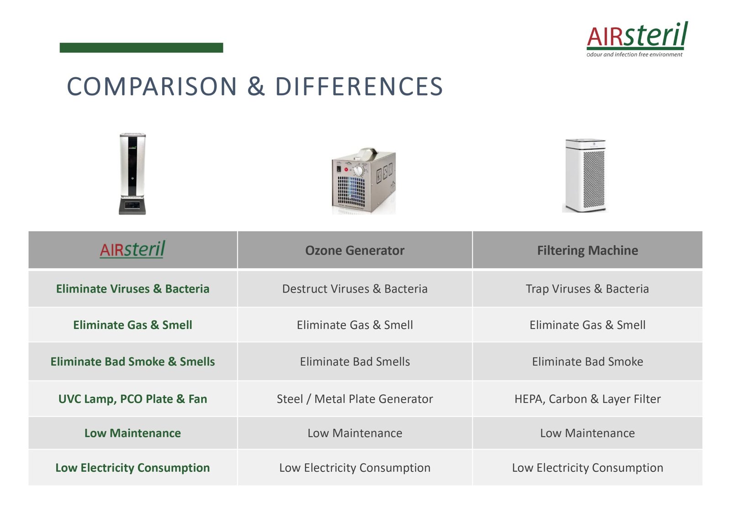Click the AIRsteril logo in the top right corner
[x=637, y=39]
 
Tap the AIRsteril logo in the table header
[x=132, y=249]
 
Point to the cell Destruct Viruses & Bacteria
[x=355, y=289]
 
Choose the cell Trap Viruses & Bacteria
[x=588, y=289]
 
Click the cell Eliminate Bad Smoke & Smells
[x=132, y=362]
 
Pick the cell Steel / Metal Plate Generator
[x=355, y=399]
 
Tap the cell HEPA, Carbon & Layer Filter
[x=588, y=399]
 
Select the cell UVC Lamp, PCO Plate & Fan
[x=132, y=399]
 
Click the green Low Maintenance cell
[x=132, y=433]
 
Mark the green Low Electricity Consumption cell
[x=132, y=468]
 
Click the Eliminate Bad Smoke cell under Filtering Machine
[x=588, y=362]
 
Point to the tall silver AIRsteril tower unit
[x=132, y=174]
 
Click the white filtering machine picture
[x=585, y=175]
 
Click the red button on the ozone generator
[x=346, y=169]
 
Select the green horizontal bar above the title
[x=141, y=47]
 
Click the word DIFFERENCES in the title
[x=359, y=86]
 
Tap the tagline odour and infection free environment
[x=635, y=54]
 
